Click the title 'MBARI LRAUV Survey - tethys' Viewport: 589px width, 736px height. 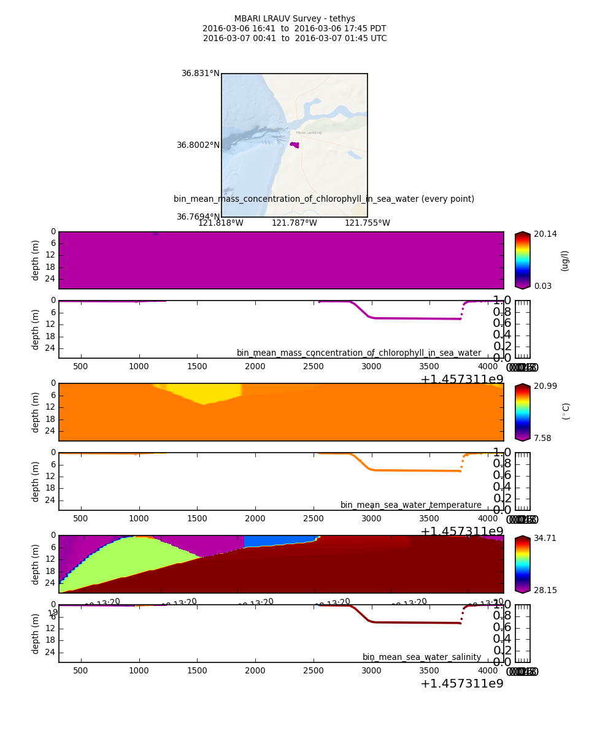tap(294, 19)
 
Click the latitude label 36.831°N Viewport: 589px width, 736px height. tap(200, 74)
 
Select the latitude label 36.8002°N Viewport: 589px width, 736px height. tap(198, 145)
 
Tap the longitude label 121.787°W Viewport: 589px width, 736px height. tap(294, 223)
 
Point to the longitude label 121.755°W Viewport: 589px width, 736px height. tap(367, 223)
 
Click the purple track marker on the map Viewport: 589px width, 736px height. tap(295, 145)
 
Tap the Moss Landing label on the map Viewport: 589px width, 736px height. tap(309, 132)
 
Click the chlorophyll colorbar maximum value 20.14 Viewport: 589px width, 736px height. tap(545, 234)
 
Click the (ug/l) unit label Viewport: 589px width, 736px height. tap(565, 261)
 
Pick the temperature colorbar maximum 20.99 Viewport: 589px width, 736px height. tap(545, 386)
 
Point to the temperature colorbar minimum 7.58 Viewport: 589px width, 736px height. tap(543, 438)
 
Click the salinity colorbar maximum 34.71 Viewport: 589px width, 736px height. tap(545, 539)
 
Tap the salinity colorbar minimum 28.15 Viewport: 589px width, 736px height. tap(545, 590)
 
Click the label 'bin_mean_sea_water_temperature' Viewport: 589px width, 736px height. tap(410, 505)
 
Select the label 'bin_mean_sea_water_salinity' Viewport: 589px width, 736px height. tap(422, 657)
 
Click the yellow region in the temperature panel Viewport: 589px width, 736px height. tap(202, 393)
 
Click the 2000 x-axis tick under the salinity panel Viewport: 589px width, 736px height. tap(255, 671)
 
